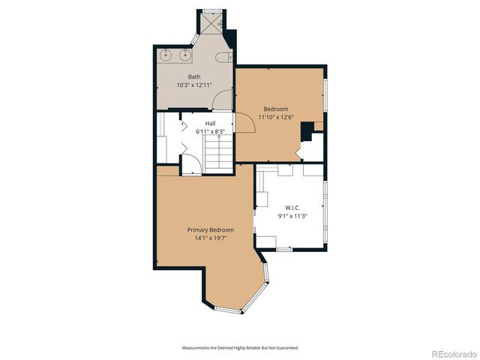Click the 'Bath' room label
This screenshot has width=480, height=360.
point(194,76)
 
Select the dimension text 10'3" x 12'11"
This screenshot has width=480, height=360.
point(194,85)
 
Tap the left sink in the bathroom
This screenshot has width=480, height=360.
point(166,55)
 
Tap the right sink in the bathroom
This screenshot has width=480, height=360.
point(183,55)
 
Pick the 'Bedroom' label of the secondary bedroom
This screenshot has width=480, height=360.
point(275,109)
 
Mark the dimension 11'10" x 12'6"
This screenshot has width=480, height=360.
point(275,117)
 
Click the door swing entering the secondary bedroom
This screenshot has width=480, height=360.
point(246,124)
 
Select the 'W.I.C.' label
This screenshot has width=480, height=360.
point(292,208)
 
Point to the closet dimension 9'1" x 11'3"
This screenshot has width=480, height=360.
point(292,216)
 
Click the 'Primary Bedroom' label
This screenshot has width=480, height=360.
point(210,229)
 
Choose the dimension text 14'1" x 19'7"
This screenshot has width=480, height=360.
point(210,238)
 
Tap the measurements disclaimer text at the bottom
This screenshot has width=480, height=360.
point(240,348)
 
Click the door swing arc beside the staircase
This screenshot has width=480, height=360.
point(190,164)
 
